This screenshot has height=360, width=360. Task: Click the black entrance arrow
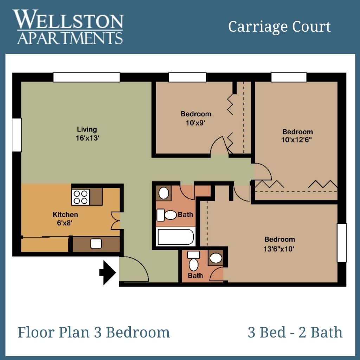tap(108, 272)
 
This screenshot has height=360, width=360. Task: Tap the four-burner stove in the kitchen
tap(81, 197)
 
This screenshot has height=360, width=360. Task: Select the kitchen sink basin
tap(96, 244)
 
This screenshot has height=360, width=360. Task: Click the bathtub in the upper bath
tap(176, 237)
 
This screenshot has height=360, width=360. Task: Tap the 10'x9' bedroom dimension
tap(195, 123)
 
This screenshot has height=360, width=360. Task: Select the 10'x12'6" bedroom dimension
tap(296, 140)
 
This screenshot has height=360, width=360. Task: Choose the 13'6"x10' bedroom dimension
tap(279, 249)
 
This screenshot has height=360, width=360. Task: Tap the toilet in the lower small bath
tap(194, 261)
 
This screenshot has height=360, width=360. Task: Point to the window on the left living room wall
tap(17, 135)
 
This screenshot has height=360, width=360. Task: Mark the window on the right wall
tap(342, 243)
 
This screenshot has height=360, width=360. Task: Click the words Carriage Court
tap(279, 26)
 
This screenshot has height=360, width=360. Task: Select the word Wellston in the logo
tap(68, 19)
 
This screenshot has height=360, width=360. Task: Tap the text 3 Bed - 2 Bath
tap(295, 332)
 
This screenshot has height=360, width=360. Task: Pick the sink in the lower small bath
tap(216, 258)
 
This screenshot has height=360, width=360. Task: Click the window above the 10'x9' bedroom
tap(187, 77)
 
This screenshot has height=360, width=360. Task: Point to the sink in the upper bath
tap(164, 193)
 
